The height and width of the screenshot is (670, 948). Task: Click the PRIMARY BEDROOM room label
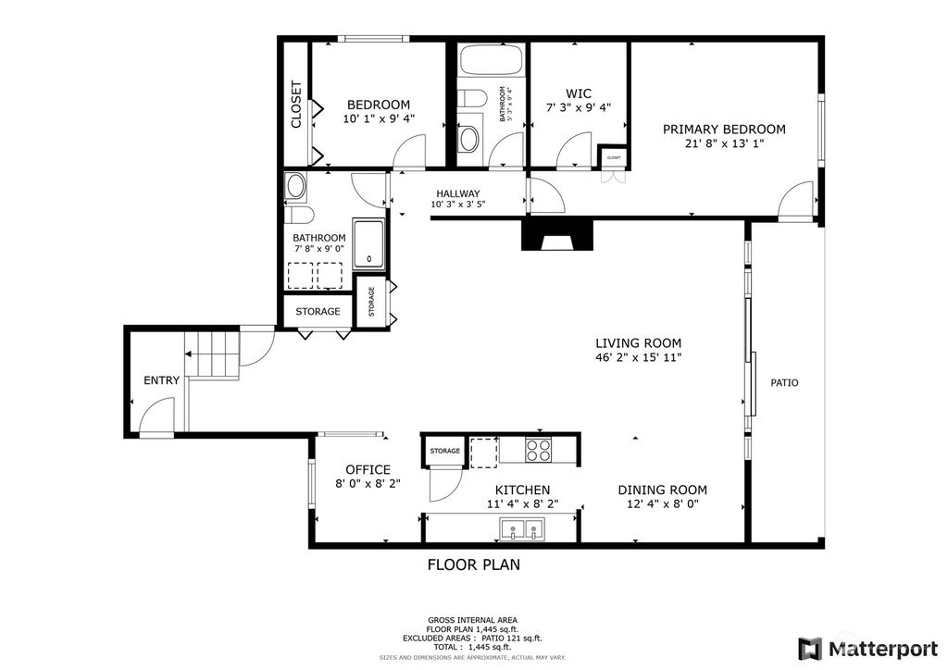[724, 130]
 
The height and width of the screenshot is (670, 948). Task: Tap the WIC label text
[579, 93]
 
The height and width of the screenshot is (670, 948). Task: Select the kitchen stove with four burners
[538, 449]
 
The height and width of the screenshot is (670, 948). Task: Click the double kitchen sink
[522, 529]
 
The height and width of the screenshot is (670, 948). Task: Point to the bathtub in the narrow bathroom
[491, 60]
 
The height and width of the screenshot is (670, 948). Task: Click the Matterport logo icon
[809, 649]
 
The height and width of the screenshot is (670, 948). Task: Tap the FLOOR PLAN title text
[473, 565]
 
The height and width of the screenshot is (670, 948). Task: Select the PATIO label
[784, 382]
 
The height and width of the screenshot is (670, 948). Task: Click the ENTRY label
[161, 380]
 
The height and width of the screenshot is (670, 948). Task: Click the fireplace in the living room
[557, 235]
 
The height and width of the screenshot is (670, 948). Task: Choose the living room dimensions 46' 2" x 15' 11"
[639, 357]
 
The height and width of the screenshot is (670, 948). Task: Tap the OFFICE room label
[368, 469]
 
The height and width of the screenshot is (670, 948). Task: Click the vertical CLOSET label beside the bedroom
[295, 105]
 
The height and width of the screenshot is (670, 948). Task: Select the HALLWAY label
[457, 193]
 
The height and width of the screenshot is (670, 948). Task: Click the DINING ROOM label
[662, 490]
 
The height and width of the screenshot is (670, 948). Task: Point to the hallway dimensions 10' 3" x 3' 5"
[457, 205]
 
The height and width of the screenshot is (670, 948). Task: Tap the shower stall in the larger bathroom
[368, 243]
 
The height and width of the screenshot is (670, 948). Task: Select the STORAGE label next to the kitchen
[445, 451]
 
